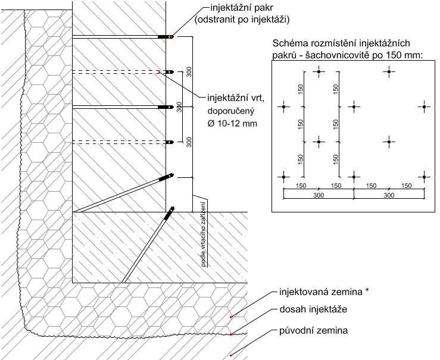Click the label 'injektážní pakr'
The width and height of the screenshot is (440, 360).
pos(241,8)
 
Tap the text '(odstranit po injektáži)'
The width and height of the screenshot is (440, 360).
pos(242,20)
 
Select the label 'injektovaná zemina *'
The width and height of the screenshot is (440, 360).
pos(324,292)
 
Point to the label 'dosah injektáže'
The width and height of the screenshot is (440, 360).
pos(313,309)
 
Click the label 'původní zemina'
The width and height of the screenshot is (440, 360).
pos(313,331)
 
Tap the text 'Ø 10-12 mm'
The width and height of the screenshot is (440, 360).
pos(232,123)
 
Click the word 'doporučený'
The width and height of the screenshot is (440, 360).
pos(231,111)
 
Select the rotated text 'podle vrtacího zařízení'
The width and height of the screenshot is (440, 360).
pos(204,233)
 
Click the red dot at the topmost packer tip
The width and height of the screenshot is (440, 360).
pos(171,37)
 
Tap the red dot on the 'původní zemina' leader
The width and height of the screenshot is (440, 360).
pos(230,355)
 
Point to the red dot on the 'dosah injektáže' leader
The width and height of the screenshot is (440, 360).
pos(230,334)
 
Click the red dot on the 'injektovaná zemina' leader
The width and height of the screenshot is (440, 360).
pos(230,317)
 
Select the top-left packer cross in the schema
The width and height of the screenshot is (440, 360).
pos(319,71)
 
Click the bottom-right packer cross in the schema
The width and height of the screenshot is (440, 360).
pos(425,177)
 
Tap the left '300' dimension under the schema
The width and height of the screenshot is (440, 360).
pos(319,195)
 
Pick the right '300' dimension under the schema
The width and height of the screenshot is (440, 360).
pos(389,195)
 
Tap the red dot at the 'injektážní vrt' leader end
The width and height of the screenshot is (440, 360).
pos(159,72)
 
